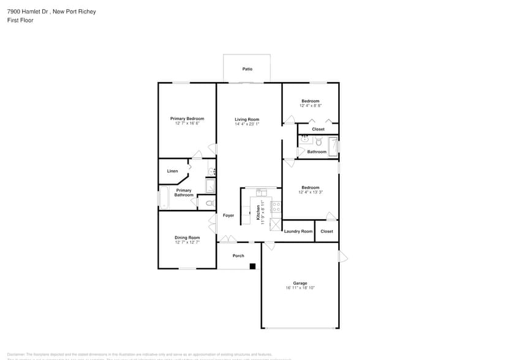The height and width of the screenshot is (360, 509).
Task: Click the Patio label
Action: click(x=247, y=69)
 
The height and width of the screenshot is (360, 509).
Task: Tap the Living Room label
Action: click(x=247, y=119)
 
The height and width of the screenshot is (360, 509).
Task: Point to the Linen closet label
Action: click(x=173, y=171)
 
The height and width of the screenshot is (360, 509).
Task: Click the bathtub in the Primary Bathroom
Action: click(x=164, y=198)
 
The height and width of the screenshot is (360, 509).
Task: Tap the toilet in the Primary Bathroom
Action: click(x=209, y=203)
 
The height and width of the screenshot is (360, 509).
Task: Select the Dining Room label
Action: click(x=187, y=238)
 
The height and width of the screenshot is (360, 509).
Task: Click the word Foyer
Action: click(x=228, y=216)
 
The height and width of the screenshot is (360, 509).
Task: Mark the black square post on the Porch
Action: click(x=252, y=266)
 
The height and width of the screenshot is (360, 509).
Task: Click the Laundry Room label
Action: click(x=298, y=231)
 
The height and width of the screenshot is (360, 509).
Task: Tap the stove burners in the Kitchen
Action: click(x=276, y=206)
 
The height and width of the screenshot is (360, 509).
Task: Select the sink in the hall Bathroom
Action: click(x=304, y=140)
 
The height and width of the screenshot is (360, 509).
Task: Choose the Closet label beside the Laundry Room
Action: click(x=327, y=231)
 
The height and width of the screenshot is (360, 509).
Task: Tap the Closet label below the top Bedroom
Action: click(x=319, y=129)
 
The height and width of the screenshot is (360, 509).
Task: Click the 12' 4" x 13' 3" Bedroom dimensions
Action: click(x=311, y=192)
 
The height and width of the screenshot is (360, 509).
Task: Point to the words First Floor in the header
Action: click(x=20, y=20)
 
